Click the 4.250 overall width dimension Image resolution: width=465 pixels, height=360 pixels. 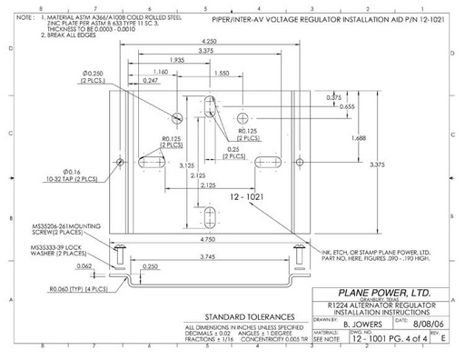click(x=209, y=42)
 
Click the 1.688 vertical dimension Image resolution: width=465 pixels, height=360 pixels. click(x=357, y=138)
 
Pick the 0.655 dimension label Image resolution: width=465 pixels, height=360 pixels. click(x=347, y=106)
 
